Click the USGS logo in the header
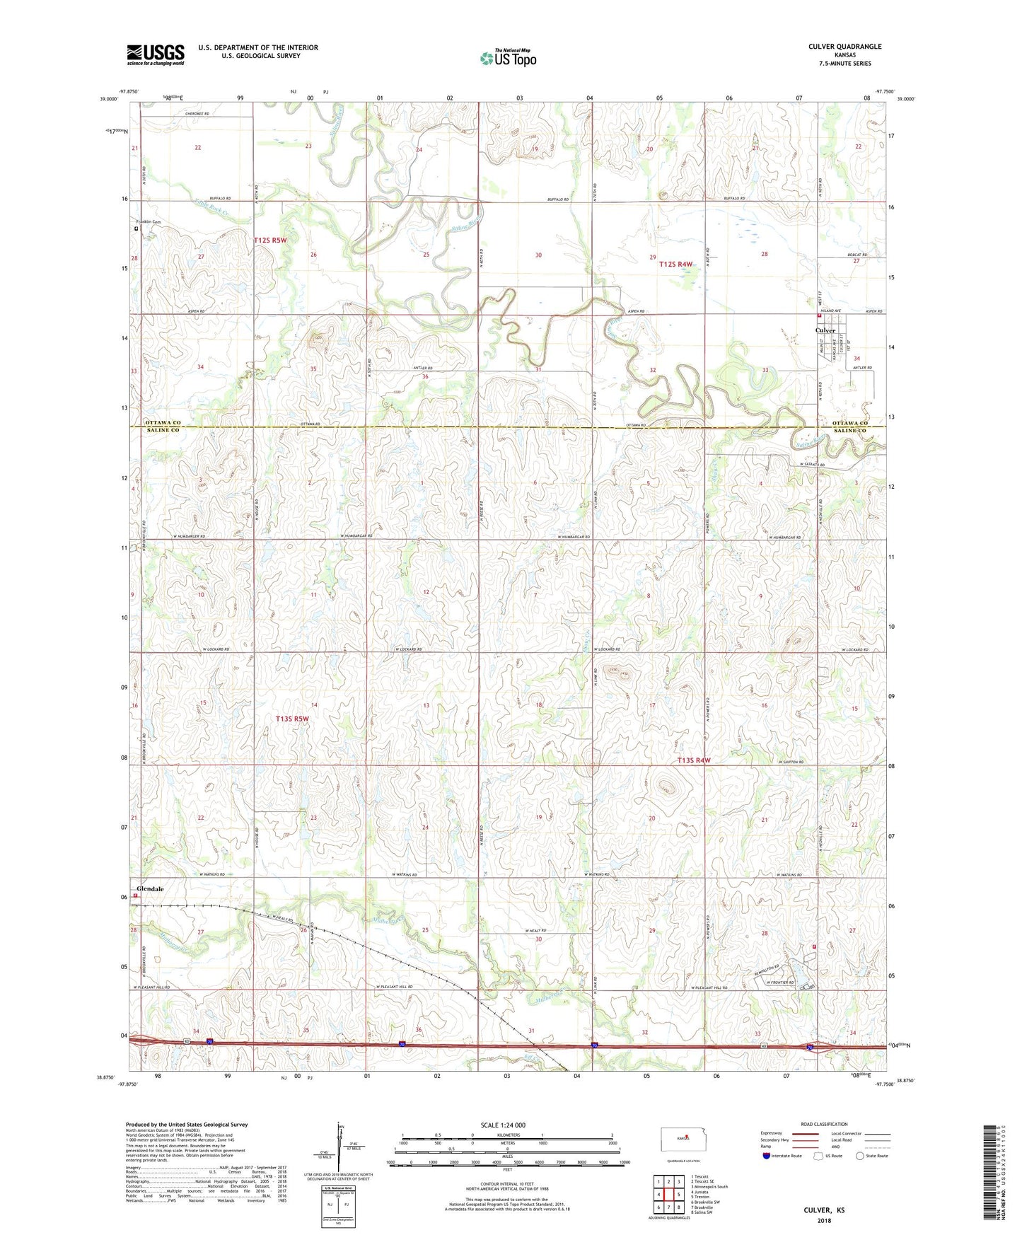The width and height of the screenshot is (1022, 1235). click(x=156, y=54)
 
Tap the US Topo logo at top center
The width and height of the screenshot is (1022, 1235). click(x=508, y=58)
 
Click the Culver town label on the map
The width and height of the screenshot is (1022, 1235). click(x=825, y=330)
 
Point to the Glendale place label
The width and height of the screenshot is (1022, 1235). click(x=150, y=889)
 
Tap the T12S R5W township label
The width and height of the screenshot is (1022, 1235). click(x=270, y=240)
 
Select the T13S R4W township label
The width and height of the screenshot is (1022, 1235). click(x=693, y=760)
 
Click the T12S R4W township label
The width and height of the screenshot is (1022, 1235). click(x=675, y=264)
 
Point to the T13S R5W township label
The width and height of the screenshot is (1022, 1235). click(x=292, y=719)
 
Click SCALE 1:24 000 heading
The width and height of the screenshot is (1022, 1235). click(x=503, y=1125)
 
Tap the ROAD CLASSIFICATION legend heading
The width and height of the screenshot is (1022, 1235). click(x=824, y=1124)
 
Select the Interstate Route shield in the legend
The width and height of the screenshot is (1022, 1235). click(x=767, y=1156)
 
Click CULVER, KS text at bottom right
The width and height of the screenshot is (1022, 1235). click(x=824, y=1210)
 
